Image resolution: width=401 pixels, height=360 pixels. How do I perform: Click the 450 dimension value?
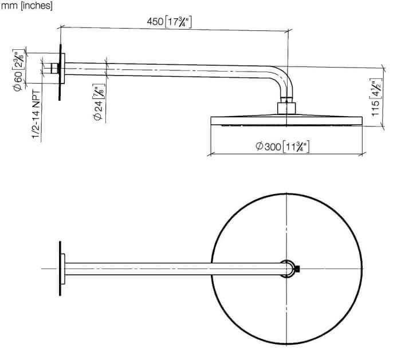[x=155, y=21]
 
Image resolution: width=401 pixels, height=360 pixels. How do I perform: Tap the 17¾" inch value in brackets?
[x=178, y=22]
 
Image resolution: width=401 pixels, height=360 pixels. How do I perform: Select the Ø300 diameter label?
[x=268, y=147]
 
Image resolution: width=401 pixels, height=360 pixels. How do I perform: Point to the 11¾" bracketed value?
[x=296, y=147]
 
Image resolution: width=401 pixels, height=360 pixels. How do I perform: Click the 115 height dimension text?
[x=375, y=108]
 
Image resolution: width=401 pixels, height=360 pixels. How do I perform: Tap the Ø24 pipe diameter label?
[x=98, y=109]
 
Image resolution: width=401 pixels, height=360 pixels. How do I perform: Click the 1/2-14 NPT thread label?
[x=36, y=114]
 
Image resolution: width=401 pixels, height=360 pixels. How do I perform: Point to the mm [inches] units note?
[x=26, y=6]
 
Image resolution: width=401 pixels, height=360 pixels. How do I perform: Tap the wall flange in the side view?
[x=62, y=68]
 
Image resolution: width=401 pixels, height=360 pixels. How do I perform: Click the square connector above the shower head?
[x=286, y=108]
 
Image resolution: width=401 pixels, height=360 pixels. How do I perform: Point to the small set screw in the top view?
[x=297, y=268]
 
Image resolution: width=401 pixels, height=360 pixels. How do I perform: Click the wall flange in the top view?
[x=62, y=269]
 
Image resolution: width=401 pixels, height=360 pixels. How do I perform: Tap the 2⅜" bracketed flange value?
[x=19, y=60]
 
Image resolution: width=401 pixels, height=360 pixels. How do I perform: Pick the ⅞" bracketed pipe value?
[x=99, y=91]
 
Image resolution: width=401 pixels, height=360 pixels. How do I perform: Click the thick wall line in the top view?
[x=60, y=268]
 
